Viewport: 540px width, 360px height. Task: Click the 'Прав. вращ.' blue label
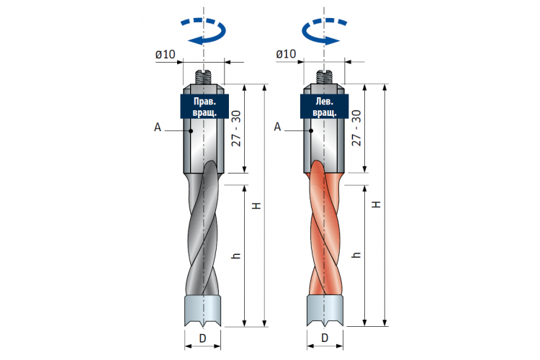[x=204, y=107]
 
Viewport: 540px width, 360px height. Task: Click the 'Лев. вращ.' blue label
[x=325, y=107]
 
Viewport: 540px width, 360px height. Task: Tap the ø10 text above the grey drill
[x=166, y=55]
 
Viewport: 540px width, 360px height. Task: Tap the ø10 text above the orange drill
[x=286, y=54]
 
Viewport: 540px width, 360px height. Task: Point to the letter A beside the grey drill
[x=158, y=127]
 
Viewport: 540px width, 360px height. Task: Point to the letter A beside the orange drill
[x=278, y=127]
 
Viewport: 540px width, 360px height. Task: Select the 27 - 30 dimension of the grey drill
[x=237, y=128]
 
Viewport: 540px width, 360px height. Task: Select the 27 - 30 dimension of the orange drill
[x=356, y=128]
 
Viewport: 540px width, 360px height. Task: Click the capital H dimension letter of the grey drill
[x=257, y=206]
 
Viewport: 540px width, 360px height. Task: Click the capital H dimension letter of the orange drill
[x=377, y=204]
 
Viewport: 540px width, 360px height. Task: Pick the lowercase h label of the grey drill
[x=236, y=256]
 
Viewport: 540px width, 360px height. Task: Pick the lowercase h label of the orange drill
[x=357, y=255]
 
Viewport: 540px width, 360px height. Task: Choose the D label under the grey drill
[x=203, y=338]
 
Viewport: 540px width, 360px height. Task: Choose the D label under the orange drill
[x=325, y=338]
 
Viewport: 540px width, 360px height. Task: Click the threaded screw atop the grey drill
[x=204, y=77]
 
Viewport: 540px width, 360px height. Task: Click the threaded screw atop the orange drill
[x=324, y=77]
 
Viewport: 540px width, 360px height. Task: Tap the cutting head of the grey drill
[x=202, y=310]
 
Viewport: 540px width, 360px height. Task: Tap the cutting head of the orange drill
[x=325, y=310]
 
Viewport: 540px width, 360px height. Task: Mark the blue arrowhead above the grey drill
[x=196, y=40]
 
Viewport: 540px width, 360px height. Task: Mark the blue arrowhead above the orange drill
[x=332, y=40]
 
